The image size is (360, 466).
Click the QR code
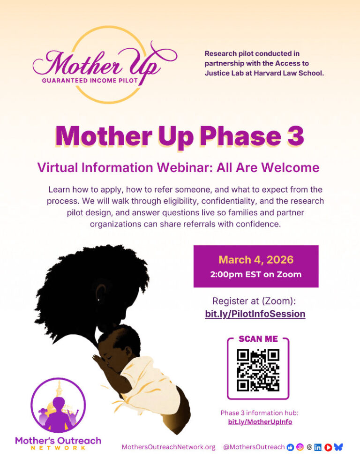258,370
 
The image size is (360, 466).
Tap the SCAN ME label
258,339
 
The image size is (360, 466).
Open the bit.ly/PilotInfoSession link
255,314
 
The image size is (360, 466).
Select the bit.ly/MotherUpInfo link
260,421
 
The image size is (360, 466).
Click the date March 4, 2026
256,259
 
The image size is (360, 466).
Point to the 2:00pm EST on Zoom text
256,274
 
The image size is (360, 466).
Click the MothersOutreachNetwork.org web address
168,447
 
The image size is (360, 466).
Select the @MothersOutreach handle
254,447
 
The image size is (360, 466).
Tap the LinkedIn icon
318,447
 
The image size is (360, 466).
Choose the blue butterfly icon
338,447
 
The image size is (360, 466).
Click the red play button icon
328,447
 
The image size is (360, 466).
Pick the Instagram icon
300,447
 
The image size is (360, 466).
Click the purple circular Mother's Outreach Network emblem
58,405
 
